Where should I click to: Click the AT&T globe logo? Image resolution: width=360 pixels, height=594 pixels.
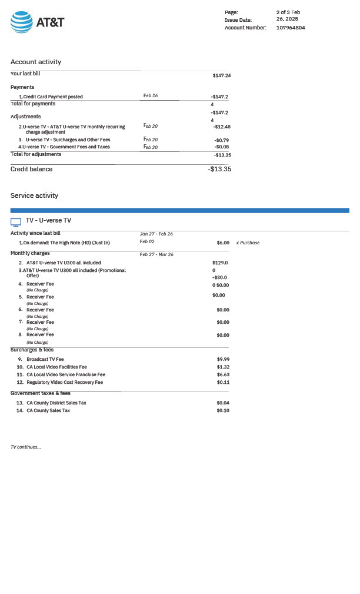click(x=22, y=22)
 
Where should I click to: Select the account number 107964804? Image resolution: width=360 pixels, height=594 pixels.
click(x=291, y=28)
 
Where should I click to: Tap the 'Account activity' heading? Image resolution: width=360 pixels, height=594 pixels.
click(x=36, y=62)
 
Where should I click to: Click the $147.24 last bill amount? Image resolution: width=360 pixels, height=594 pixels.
click(x=222, y=75)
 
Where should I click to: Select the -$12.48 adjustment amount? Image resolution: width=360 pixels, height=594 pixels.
click(x=222, y=127)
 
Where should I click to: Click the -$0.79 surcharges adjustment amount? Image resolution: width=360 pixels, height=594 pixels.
click(x=222, y=140)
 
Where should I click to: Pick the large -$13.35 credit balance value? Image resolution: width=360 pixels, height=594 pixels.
click(x=219, y=169)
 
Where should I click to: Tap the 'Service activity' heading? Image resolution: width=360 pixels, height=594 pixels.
click(x=34, y=195)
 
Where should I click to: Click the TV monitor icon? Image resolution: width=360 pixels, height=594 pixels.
click(x=16, y=222)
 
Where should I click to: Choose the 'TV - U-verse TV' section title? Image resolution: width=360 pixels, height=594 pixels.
click(x=48, y=220)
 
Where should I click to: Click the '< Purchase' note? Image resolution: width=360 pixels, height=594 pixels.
click(x=248, y=243)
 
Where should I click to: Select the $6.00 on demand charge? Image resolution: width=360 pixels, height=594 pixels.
click(x=223, y=243)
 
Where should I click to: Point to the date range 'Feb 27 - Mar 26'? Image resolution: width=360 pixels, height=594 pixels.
click(x=156, y=254)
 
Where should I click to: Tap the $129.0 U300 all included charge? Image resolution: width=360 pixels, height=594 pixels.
click(x=220, y=263)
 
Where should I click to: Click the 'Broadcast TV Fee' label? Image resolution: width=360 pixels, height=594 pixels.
click(x=45, y=359)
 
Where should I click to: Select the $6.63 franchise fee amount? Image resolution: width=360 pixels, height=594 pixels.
click(x=223, y=374)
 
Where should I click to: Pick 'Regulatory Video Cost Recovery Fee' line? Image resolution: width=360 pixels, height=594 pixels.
click(x=65, y=382)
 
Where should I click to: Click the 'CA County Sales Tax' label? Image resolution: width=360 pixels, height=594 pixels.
click(x=48, y=410)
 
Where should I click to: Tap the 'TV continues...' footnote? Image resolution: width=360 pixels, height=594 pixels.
click(x=26, y=447)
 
